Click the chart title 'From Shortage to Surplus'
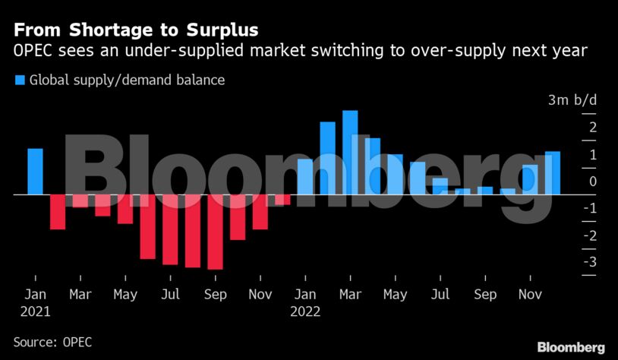pos(134,30)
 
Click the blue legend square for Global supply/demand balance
pos(19,80)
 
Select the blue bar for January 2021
pos(35,172)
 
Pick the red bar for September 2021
pos(216,232)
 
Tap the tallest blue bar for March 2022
pos(350,153)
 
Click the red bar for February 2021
pos(58,212)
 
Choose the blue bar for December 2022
pos(553,173)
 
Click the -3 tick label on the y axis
pos(589,262)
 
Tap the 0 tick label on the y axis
pos(592,182)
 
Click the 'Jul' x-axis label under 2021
pos(171,295)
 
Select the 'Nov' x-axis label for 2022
pos(531,295)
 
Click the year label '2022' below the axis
pos(306,311)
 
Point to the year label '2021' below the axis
pos(35,311)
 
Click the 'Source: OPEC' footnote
pos(52,342)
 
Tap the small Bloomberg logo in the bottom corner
pos(571,346)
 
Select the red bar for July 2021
pos(170,229)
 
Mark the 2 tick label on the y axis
pos(592,128)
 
